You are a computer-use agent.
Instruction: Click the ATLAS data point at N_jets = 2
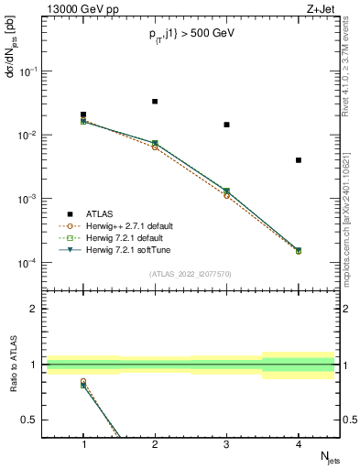point(155,101)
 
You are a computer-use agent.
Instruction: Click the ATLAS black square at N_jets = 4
point(299,160)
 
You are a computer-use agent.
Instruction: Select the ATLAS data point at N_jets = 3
point(226,125)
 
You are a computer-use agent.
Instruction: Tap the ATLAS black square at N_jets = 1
point(83,115)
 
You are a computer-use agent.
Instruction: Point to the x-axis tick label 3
point(226,445)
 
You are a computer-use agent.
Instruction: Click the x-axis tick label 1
point(83,445)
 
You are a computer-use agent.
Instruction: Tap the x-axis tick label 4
point(299,445)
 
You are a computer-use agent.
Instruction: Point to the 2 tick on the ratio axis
point(38,309)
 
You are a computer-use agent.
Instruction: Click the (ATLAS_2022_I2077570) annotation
point(191,273)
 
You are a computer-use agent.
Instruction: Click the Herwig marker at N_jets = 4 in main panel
point(299,250)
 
